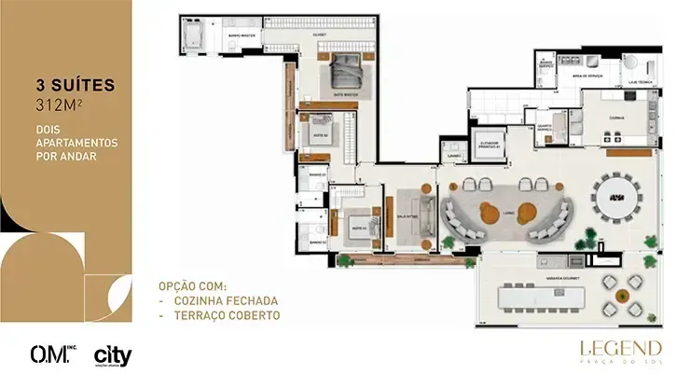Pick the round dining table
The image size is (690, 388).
click(x=616, y=197)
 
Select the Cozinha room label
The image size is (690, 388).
click(x=616, y=118)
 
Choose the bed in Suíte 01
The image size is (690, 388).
click(x=355, y=223)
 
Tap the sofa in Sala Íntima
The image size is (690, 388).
click(x=426, y=212)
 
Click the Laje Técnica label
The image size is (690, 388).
click(x=643, y=81)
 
